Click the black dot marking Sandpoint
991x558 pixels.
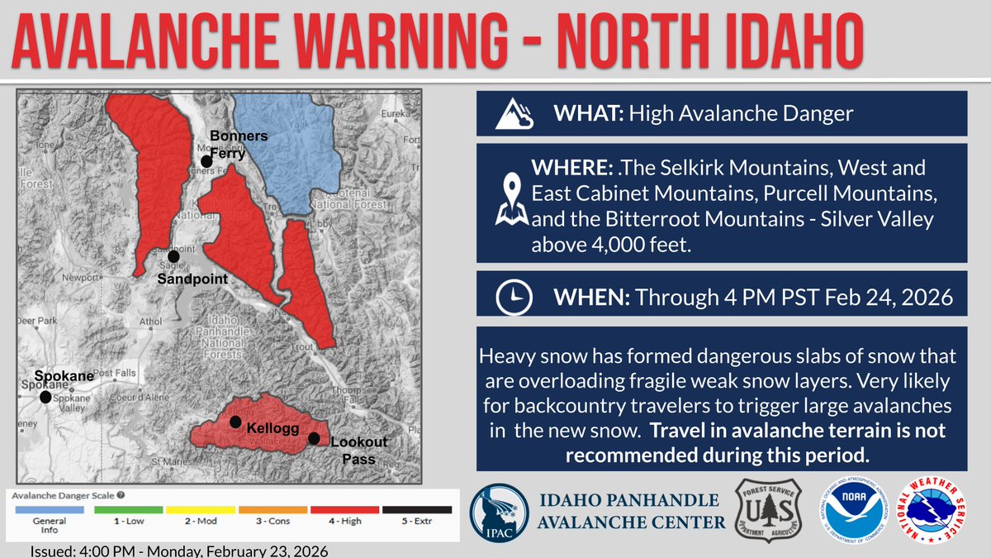point(173,256)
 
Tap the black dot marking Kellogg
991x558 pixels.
point(236,422)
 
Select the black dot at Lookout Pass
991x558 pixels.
point(314,438)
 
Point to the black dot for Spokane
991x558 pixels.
point(45,397)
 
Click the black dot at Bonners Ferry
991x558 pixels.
point(206,161)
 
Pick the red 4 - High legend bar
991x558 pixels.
point(344,510)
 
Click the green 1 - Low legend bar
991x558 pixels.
point(128,510)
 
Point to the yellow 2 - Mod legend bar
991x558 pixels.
point(200,510)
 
